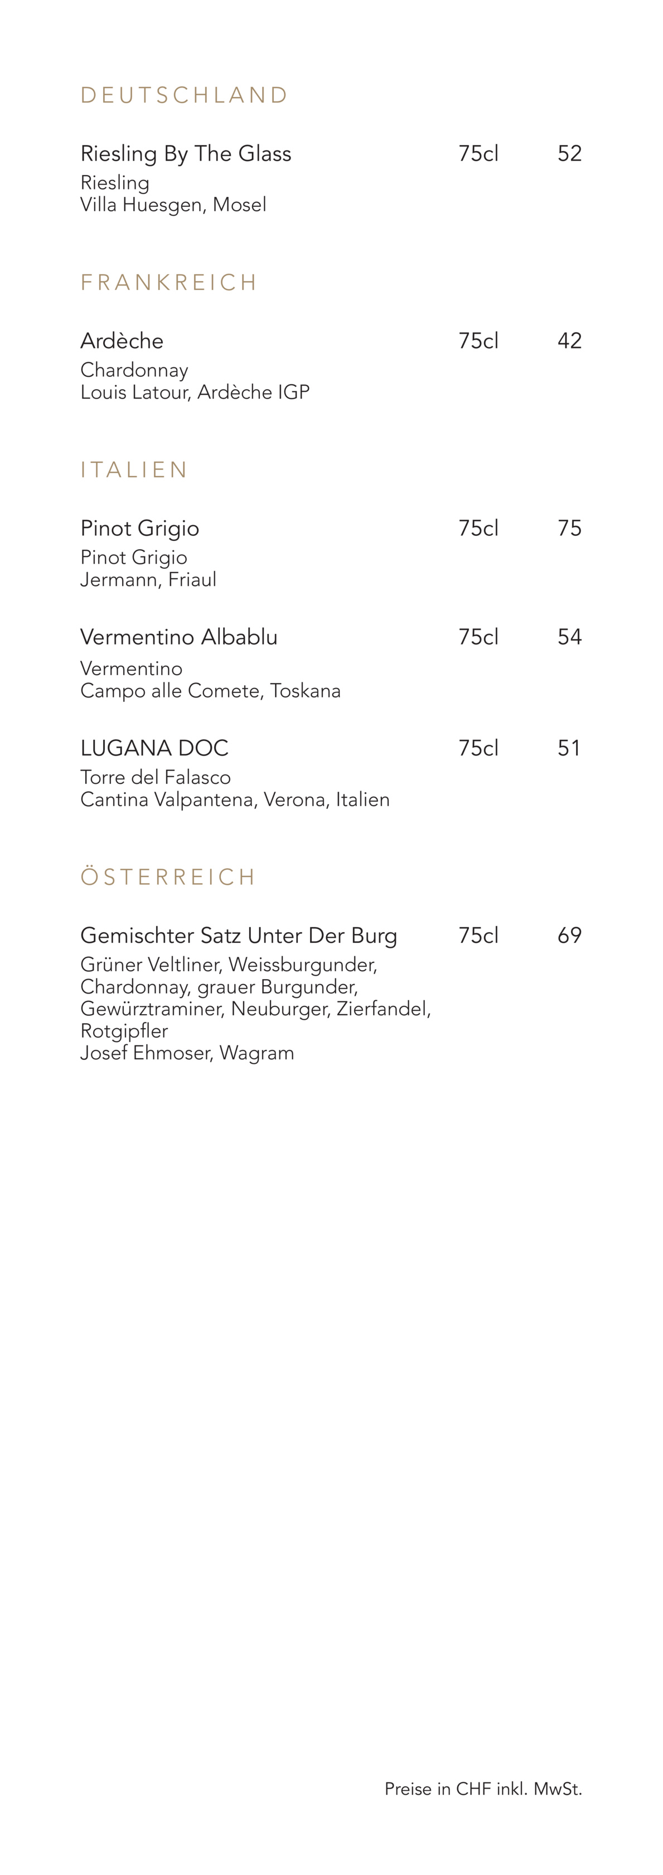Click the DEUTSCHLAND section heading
click(x=184, y=95)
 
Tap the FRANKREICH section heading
click(x=169, y=283)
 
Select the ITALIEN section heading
click(x=134, y=469)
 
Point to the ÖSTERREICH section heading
click(x=167, y=876)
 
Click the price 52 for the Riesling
click(x=569, y=153)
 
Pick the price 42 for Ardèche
click(x=569, y=341)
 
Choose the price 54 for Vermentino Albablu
click(x=569, y=637)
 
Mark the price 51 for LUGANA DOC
click(x=568, y=748)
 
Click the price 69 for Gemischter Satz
click(x=569, y=936)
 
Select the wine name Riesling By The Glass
click(x=186, y=153)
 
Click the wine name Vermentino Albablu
click(x=178, y=637)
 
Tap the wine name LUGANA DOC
click(x=154, y=748)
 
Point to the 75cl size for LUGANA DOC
click(x=478, y=748)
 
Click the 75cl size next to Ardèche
click(x=478, y=341)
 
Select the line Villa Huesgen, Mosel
click(x=173, y=205)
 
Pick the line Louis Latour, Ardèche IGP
click(x=195, y=393)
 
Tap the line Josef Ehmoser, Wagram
click(x=187, y=1053)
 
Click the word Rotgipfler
click(x=124, y=1031)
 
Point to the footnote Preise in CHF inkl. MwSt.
click(x=483, y=1789)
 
